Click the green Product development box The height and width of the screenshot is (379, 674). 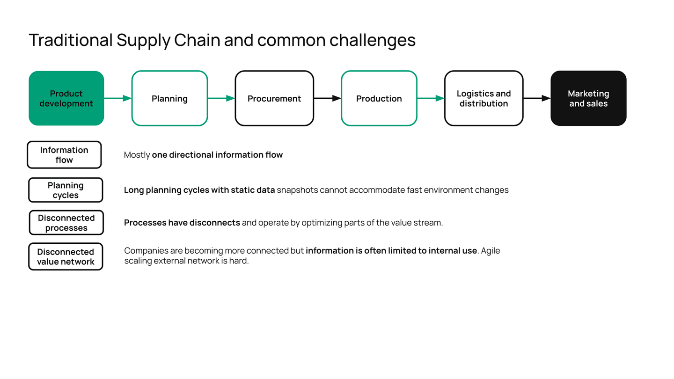point(66,98)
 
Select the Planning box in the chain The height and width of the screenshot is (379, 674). point(169,98)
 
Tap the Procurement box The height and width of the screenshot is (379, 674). point(274,98)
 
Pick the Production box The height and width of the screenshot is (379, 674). point(379,98)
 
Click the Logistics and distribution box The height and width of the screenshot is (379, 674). point(484,98)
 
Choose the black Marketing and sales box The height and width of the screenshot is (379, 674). point(588,98)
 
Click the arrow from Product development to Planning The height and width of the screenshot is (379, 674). point(117,98)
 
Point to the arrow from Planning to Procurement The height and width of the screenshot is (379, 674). point(221,98)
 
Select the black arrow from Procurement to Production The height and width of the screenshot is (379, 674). point(327,98)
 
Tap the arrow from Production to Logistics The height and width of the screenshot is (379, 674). point(430,98)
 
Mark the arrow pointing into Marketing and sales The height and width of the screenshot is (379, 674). point(536,98)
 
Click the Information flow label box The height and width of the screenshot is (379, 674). point(64,155)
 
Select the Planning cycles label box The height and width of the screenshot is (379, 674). point(66,190)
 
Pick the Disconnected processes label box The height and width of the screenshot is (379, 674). point(66,223)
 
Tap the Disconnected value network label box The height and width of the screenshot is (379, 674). point(66,256)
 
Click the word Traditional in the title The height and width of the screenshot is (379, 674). point(70,40)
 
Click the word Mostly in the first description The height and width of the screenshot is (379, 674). point(137,155)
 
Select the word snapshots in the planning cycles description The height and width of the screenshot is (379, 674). point(297,190)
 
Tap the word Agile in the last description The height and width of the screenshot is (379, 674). point(491,251)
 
